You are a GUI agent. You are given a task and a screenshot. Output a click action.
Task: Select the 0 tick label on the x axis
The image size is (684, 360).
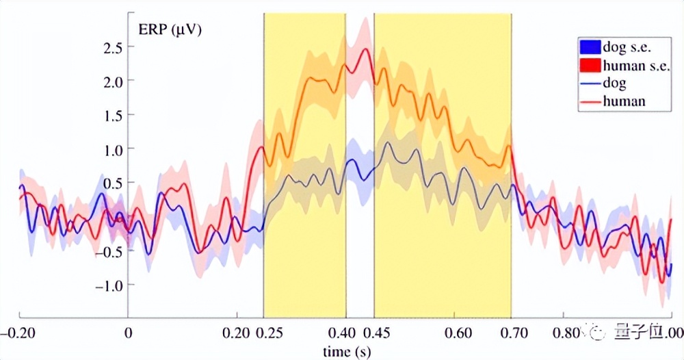tap(128, 333)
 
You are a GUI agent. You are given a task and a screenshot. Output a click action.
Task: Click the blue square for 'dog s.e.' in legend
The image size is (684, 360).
tap(589, 48)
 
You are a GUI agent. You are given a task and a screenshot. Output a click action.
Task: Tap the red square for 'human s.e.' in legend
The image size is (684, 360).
tap(589, 66)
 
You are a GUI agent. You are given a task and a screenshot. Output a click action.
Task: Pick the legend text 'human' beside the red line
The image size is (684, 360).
tap(624, 101)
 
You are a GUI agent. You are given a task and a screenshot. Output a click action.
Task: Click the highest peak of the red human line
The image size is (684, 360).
tap(366, 49)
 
